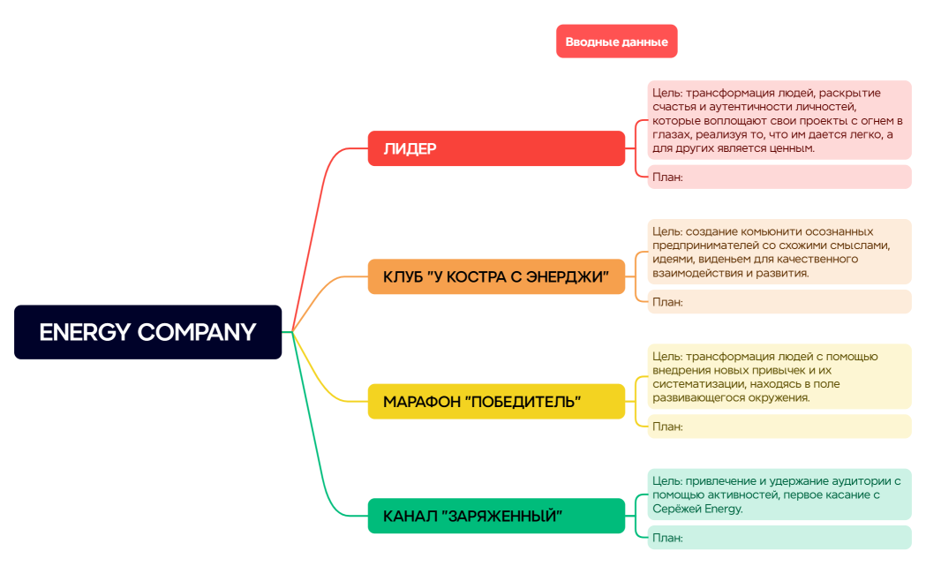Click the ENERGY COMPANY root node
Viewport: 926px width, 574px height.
[x=147, y=332]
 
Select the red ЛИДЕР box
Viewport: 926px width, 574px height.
[x=496, y=148]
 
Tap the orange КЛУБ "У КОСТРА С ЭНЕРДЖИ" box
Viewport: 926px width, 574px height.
[x=496, y=276]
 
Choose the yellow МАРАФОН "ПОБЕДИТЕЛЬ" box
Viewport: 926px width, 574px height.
[x=496, y=402]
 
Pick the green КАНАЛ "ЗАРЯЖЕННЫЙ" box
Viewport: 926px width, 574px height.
[x=496, y=516]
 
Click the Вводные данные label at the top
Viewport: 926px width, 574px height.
[x=616, y=42]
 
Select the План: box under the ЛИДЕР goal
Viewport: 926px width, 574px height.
[x=779, y=177]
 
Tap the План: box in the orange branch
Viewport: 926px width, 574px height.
[x=779, y=302]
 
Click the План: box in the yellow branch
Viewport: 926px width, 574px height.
[x=779, y=427]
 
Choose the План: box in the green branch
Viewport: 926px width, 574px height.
[x=779, y=537]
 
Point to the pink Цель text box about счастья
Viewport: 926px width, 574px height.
[x=779, y=120]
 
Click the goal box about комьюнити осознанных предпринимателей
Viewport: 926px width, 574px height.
[x=779, y=252]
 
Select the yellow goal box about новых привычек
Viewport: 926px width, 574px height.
[x=779, y=376]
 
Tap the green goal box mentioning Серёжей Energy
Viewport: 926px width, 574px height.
[x=779, y=495]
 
